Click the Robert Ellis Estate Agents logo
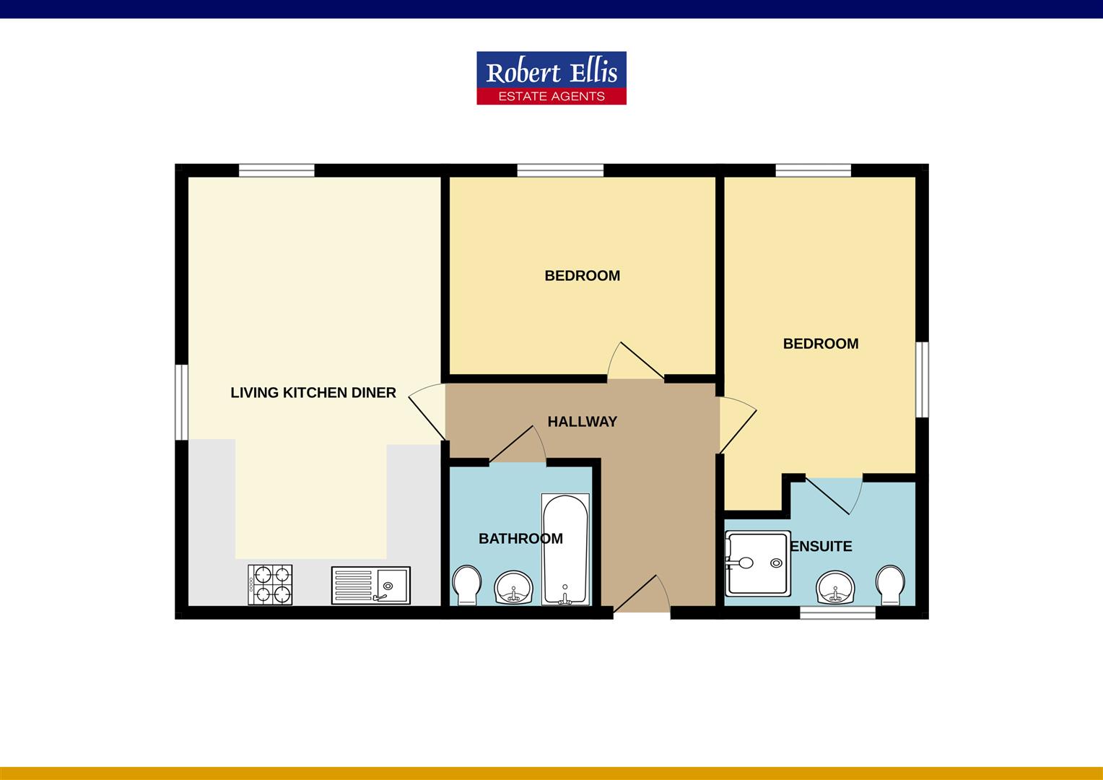tap(551, 78)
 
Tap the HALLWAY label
tap(582, 422)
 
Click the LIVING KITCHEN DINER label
tap(313, 393)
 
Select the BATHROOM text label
tap(520, 539)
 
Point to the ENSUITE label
tap(821, 547)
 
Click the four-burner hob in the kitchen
tap(270, 584)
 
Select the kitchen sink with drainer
tap(371, 585)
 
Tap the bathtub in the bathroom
tap(565, 550)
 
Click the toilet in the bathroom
tap(466, 584)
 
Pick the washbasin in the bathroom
tap(513, 587)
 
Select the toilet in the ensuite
tap(889, 584)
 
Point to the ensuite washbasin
tap(836, 587)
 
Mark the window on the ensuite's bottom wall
tap(837, 613)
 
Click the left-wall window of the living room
tap(181, 402)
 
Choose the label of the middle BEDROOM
tap(582, 276)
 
